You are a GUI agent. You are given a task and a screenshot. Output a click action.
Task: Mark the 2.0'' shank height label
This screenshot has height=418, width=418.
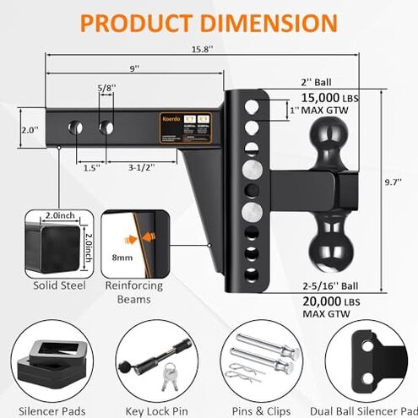[30, 131]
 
